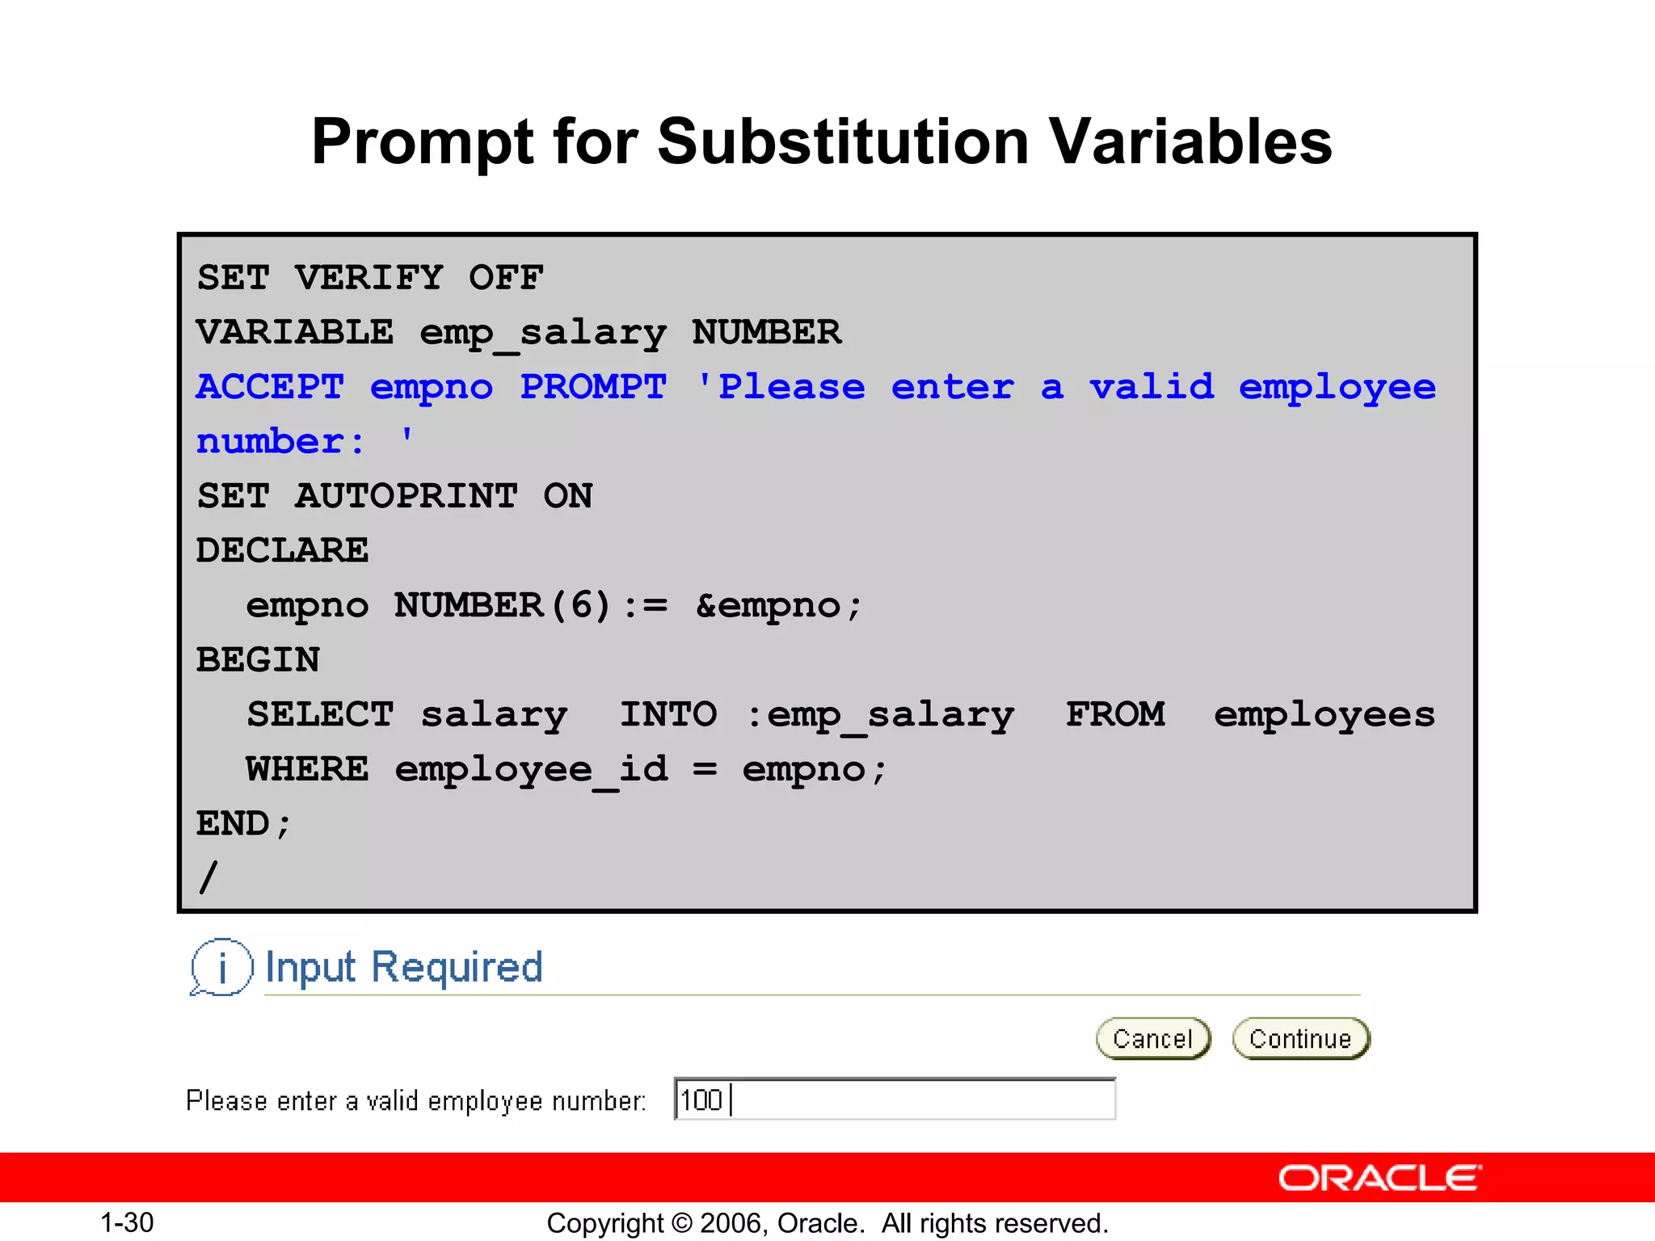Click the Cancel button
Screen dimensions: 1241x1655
(1153, 1038)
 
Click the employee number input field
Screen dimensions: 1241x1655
(895, 1100)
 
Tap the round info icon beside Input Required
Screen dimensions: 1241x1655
(221, 966)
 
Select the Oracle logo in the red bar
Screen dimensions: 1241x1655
(1379, 1178)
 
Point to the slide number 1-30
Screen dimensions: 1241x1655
(127, 1222)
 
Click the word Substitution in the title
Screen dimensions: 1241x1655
(843, 142)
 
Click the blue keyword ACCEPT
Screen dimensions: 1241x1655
(270, 387)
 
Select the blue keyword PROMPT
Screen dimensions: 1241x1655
(593, 387)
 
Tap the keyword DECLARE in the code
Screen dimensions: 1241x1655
(282, 551)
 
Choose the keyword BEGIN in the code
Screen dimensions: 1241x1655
(258, 660)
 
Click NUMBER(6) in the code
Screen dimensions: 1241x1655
(502, 606)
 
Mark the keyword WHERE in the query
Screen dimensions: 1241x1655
(307, 769)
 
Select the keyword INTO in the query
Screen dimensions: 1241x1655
(668, 715)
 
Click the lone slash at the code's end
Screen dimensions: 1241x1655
(208, 877)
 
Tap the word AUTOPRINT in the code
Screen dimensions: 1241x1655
(406, 496)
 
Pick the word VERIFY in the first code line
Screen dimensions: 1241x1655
(368, 278)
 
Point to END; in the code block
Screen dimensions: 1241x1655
(243, 824)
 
